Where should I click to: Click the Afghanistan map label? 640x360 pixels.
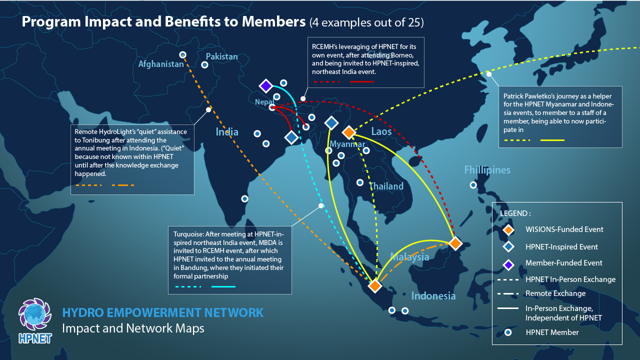tap(161, 64)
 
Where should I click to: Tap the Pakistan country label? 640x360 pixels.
tap(221, 56)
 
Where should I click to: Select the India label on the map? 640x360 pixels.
tap(227, 132)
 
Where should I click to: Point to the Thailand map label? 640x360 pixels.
tap(386, 186)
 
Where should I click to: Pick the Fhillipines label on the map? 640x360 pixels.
tap(487, 170)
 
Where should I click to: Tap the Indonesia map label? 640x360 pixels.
tap(433, 295)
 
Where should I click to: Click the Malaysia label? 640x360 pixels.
tap(409, 257)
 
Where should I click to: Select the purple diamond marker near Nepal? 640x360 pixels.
tap(265, 85)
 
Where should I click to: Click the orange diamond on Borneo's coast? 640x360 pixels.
tap(455, 243)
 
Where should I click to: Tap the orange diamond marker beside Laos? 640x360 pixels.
tap(348, 132)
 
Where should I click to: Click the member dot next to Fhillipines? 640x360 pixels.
tap(473, 185)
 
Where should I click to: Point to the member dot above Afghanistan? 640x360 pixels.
tap(183, 54)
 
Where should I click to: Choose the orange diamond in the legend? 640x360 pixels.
tap(508, 230)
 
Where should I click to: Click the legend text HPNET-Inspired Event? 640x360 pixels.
tap(561, 246)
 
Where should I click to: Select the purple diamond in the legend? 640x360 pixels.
tap(508, 263)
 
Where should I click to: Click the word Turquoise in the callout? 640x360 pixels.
tap(189, 233)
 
